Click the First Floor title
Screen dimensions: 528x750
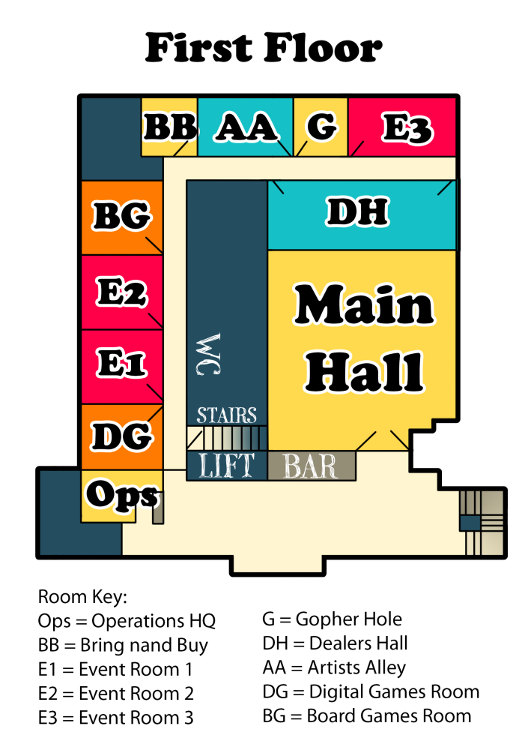click(264, 48)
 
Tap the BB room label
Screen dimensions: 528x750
click(170, 127)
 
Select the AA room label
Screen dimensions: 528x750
click(246, 127)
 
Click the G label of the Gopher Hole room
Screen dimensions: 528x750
click(321, 127)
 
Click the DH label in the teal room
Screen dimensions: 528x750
click(357, 211)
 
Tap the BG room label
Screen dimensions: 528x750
click(122, 216)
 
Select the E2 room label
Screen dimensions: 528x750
click(122, 292)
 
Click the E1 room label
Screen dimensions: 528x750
click(121, 362)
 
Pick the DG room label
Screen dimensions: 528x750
click(122, 436)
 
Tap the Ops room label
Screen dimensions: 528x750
click(122, 496)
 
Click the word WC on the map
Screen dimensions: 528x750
click(208, 354)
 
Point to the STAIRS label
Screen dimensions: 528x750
click(226, 415)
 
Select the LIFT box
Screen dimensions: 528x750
click(226, 466)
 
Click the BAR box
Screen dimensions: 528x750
click(312, 466)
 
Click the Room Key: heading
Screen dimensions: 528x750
click(82, 597)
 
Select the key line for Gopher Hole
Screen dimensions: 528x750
click(332, 619)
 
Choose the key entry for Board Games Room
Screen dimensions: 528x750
click(367, 716)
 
